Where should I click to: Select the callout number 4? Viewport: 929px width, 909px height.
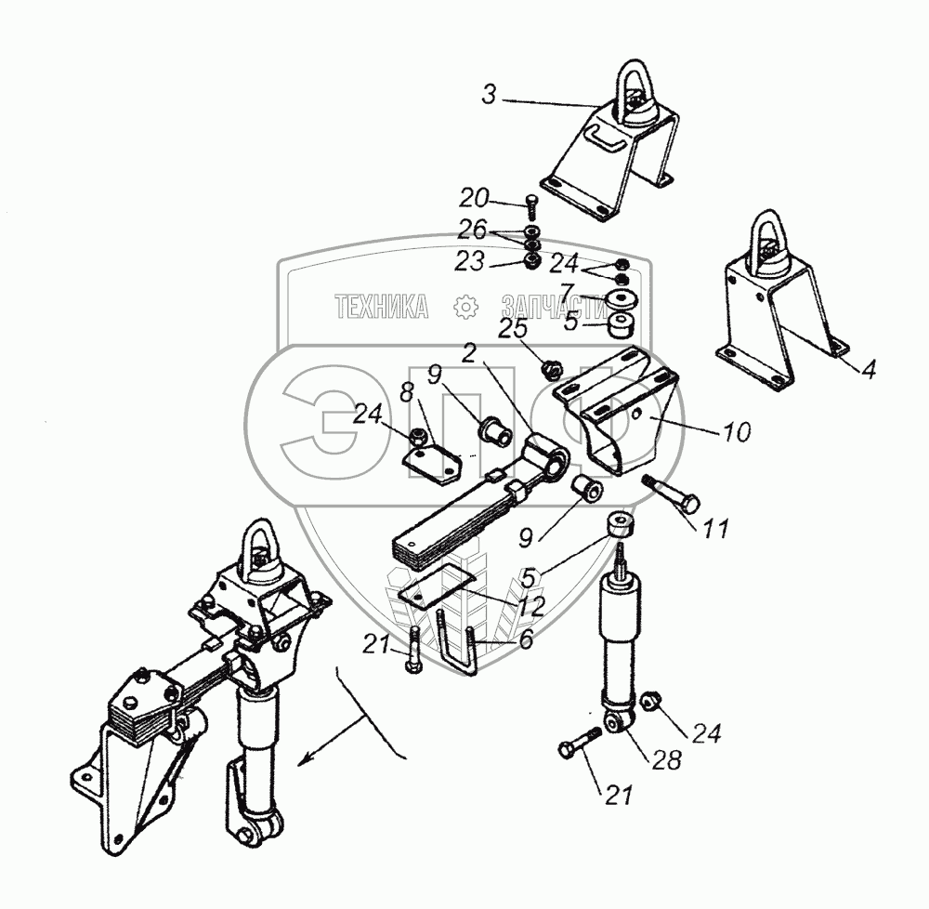[867, 369]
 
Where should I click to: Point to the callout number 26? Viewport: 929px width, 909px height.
[474, 230]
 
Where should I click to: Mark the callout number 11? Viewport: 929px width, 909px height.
[716, 529]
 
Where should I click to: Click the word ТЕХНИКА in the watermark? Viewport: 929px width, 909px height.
[382, 306]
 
